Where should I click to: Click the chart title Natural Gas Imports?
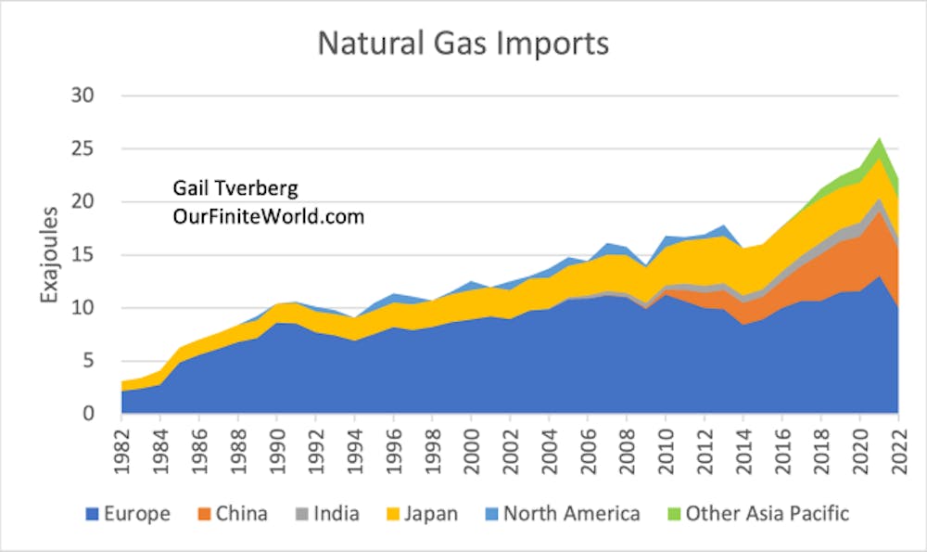463,44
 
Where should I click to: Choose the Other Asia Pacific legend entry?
756,513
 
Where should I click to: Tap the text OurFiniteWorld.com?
268,217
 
